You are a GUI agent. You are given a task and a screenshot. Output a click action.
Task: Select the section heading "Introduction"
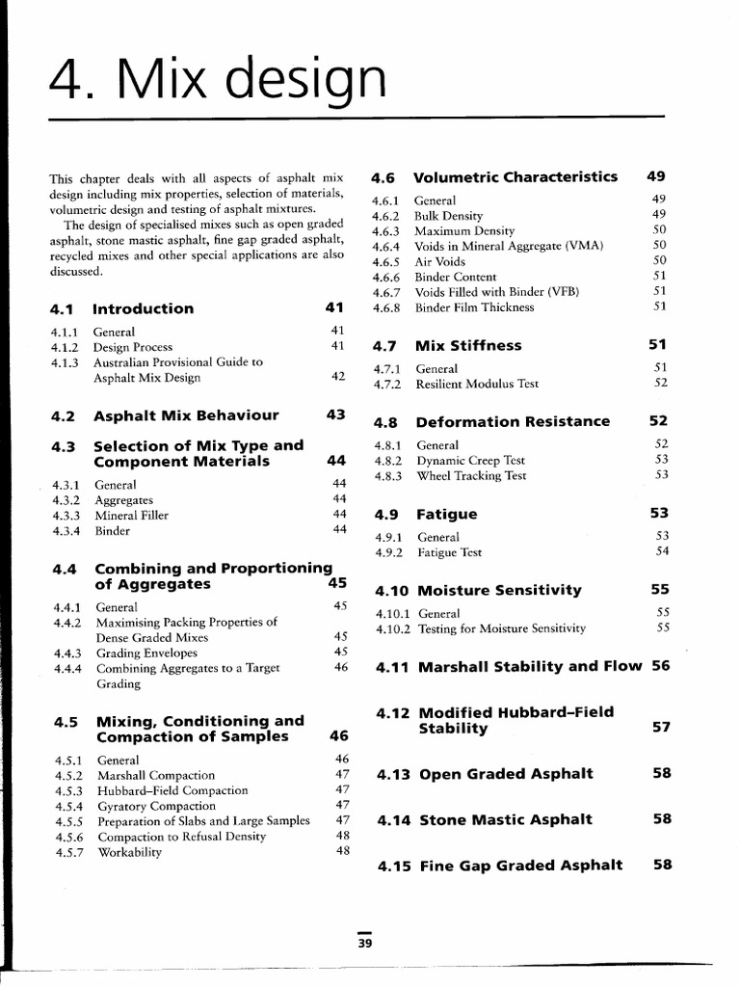click(143, 309)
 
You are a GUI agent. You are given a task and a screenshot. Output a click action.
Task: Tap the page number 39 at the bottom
click(364, 944)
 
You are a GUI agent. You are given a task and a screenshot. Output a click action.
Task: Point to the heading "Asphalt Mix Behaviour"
click(186, 415)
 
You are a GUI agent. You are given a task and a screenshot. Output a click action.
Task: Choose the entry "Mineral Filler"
click(132, 515)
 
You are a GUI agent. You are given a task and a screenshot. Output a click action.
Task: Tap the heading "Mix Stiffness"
click(468, 345)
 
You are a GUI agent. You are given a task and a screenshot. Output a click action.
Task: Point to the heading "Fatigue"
click(446, 514)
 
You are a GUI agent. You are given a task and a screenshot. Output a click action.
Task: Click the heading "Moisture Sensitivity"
click(500, 590)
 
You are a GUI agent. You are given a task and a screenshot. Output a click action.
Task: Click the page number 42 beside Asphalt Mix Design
click(338, 377)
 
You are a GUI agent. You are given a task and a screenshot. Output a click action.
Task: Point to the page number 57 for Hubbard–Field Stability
click(661, 728)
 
